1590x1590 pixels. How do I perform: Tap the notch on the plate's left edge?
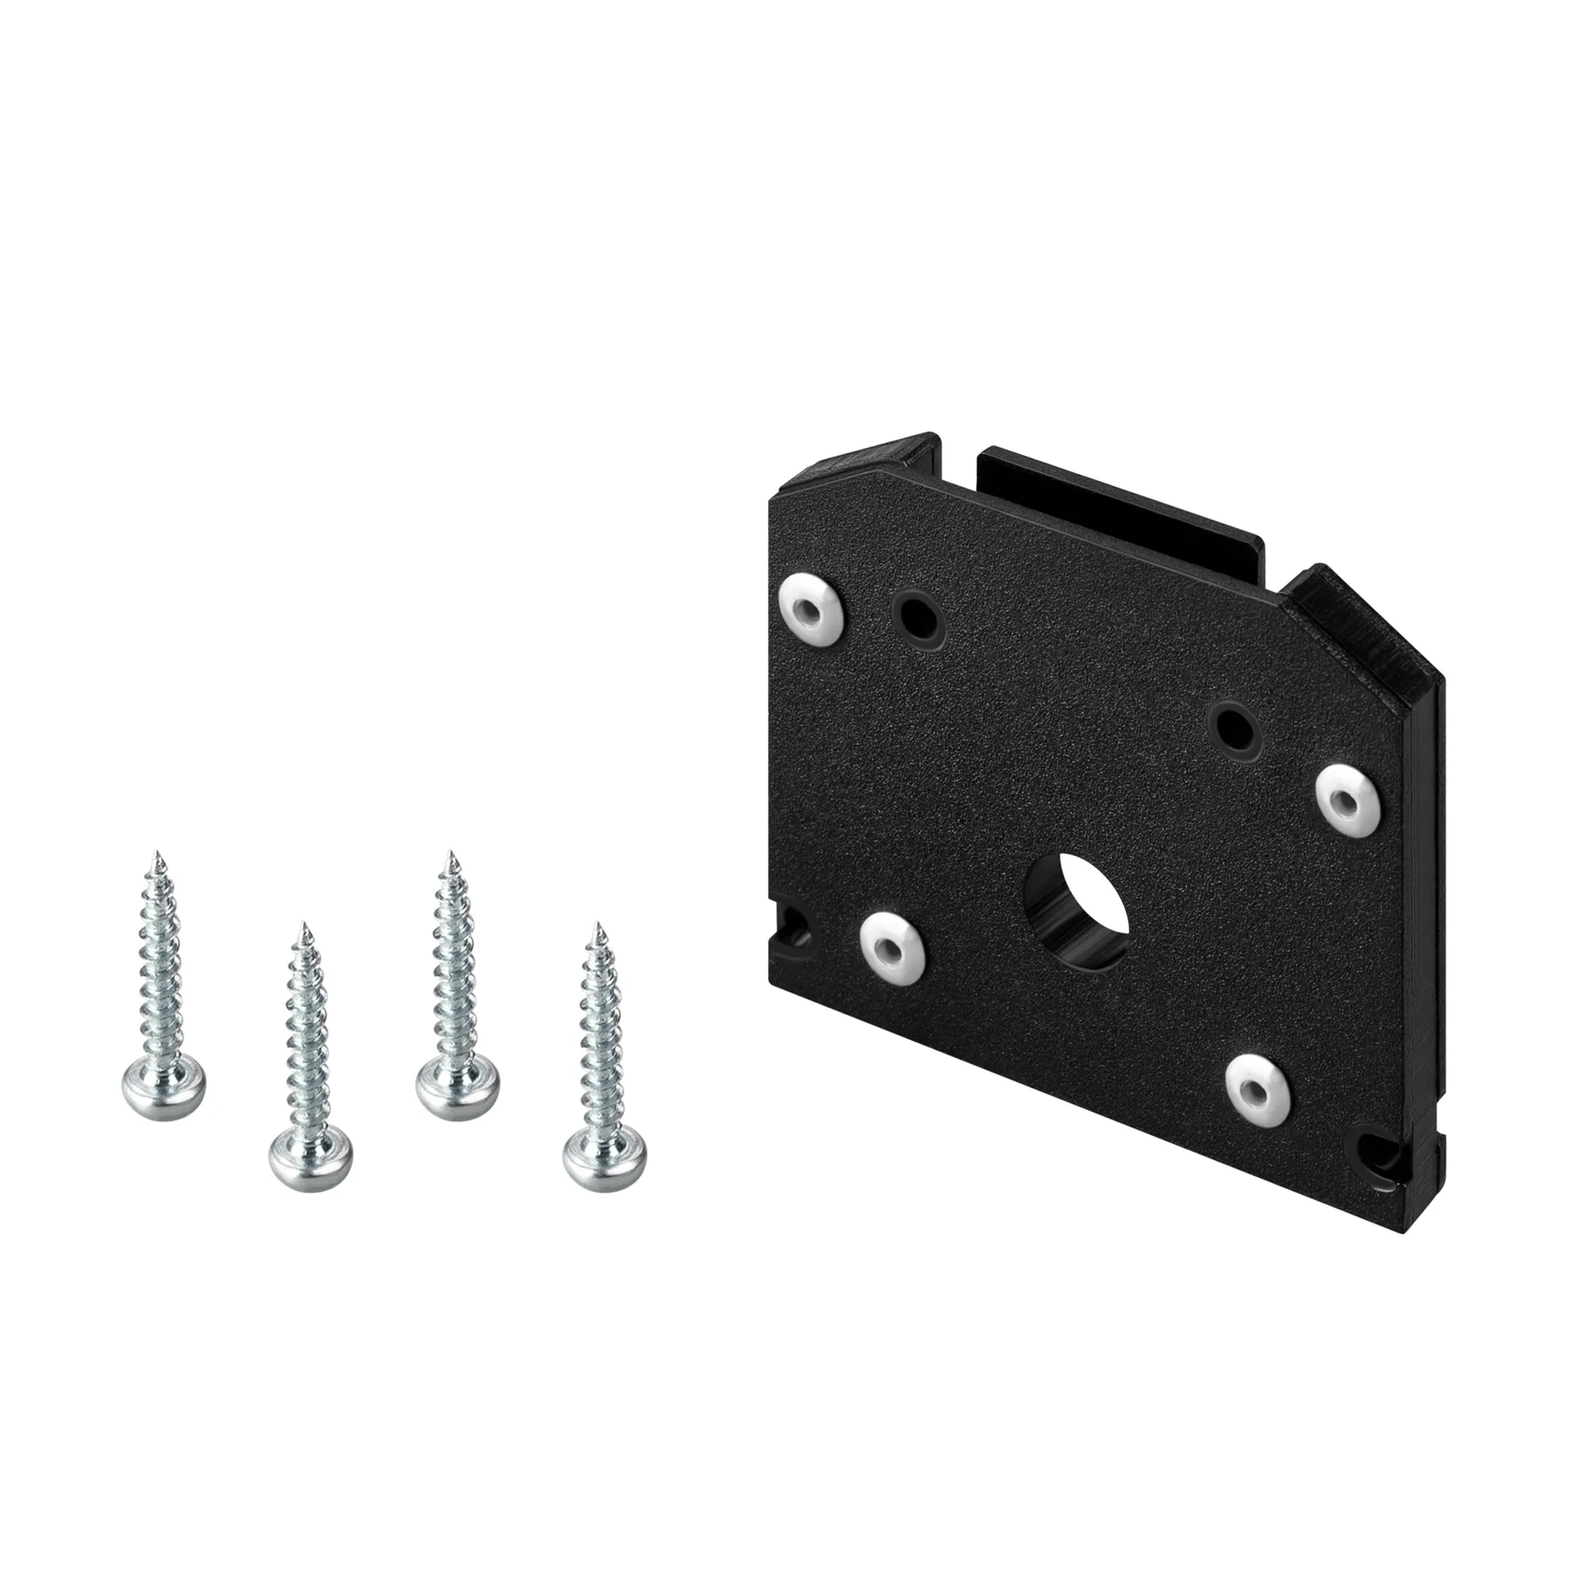[792, 930]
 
